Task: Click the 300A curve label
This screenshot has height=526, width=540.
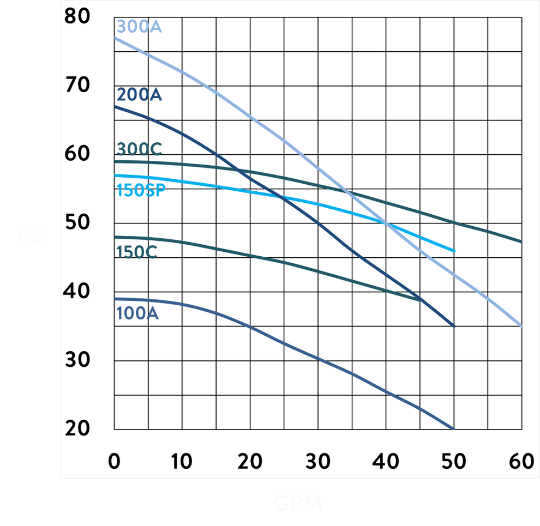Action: [x=139, y=26]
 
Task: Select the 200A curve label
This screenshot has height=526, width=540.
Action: [x=139, y=95]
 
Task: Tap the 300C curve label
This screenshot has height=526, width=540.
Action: [x=139, y=149]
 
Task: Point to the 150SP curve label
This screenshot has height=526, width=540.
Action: [x=141, y=191]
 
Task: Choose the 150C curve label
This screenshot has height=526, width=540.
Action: [x=137, y=252]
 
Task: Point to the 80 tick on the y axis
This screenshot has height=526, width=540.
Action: [x=77, y=16]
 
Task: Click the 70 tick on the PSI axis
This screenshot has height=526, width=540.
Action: [x=77, y=85]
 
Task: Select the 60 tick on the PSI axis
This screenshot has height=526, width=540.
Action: [x=77, y=154]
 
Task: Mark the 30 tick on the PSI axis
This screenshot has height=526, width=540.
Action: [x=77, y=360]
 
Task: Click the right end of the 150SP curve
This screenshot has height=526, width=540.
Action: [x=454, y=251]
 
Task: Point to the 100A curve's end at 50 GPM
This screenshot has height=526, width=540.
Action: [x=454, y=429]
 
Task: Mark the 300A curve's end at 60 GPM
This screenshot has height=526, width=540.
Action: [x=521, y=326]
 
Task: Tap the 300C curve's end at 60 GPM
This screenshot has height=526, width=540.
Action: [x=521, y=241]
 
